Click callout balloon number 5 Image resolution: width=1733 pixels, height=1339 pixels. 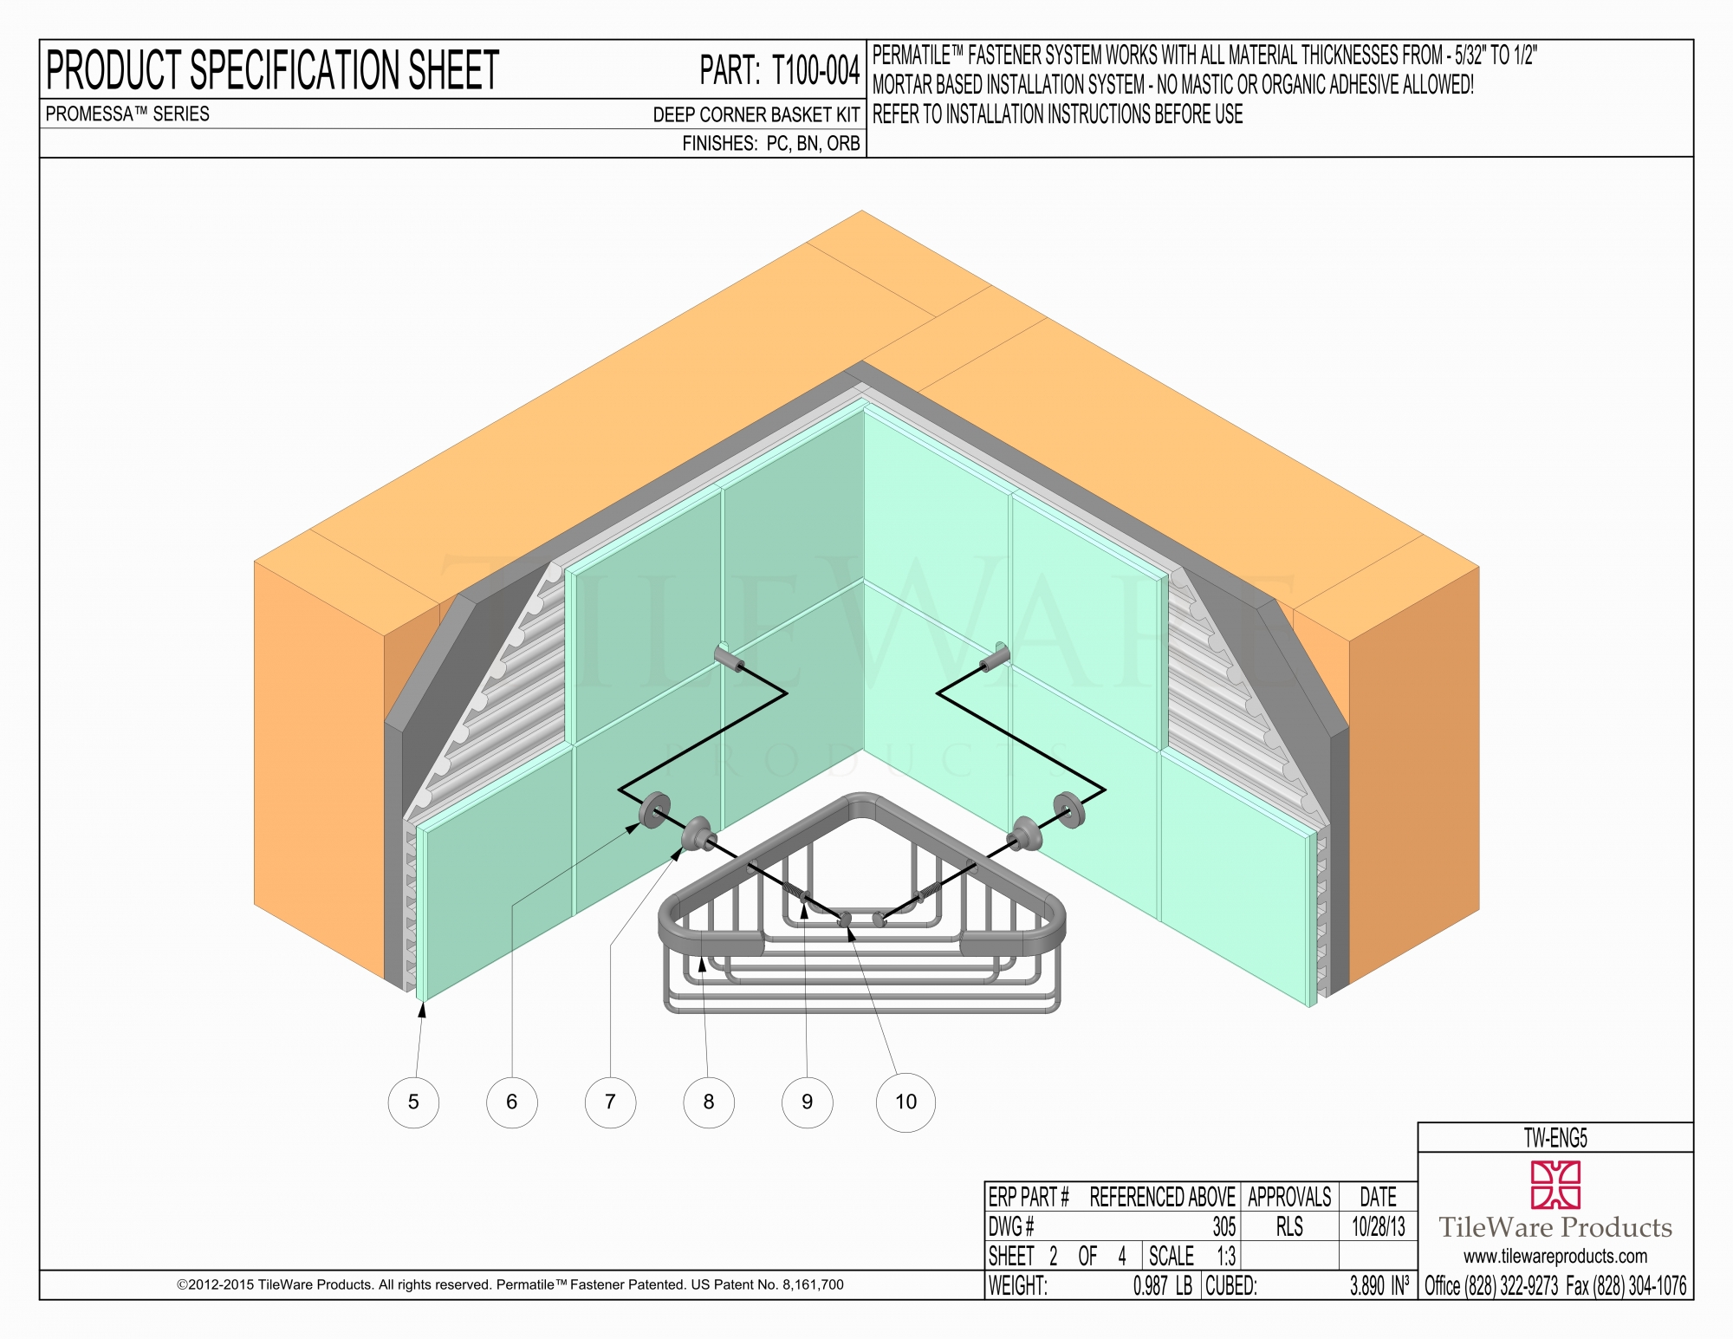coord(413,1102)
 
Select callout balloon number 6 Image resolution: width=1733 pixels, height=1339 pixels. coord(511,1102)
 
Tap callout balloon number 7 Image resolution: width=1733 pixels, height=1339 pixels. coord(610,1102)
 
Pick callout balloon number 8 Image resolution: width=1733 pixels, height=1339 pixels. coord(709,1102)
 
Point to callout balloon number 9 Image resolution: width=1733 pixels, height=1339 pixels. coord(807,1102)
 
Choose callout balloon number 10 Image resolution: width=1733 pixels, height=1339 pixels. coord(905,1102)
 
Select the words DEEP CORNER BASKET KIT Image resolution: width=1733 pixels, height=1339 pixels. coord(756,114)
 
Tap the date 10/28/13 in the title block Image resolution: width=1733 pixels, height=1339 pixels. coord(1378,1226)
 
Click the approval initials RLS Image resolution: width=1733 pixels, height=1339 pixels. coord(1289,1226)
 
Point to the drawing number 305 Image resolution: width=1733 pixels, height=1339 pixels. coord(1223,1226)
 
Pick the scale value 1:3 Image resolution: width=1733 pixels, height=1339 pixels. coord(1226,1256)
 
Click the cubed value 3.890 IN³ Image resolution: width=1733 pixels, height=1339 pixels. coord(1379,1285)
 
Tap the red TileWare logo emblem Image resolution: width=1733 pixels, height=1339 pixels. coord(1555,1185)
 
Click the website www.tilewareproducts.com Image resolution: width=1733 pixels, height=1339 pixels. coord(1555,1256)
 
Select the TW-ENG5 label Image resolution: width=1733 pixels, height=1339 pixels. coord(1555,1138)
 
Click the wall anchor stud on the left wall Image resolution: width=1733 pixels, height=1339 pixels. coord(730,658)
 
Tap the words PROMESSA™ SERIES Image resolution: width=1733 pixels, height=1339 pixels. coord(127,114)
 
